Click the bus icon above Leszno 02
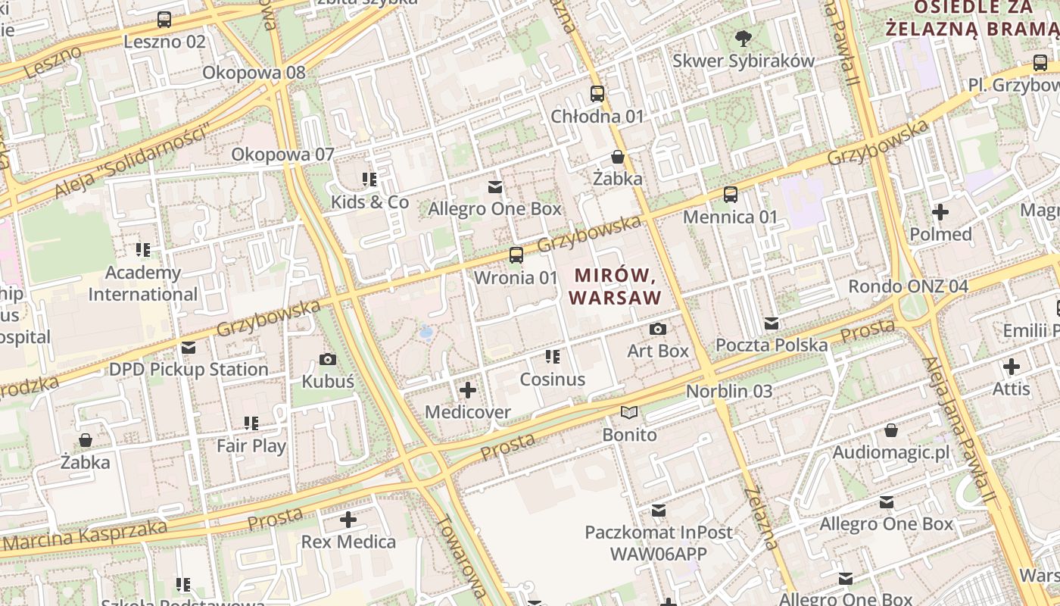click(164, 20)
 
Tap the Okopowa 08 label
click(254, 73)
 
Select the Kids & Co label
click(369, 202)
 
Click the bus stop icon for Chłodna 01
click(597, 94)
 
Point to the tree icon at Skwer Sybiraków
click(744, 38)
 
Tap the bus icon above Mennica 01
click(731, 195)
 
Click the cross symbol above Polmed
click(940, 212)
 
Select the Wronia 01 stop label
click(516, 277)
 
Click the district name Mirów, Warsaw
click(615, 286)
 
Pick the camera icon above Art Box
click(658, 329)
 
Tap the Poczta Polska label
click(772, 345)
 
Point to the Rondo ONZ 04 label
click(908, 286)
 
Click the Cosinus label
click(553, 380)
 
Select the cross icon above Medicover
click(468, 390)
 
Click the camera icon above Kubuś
click(328, 359)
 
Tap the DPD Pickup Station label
click(189, 370)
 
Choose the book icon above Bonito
click(629, 413)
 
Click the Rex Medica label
click(348, 542)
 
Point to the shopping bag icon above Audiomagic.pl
click(891, 430)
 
